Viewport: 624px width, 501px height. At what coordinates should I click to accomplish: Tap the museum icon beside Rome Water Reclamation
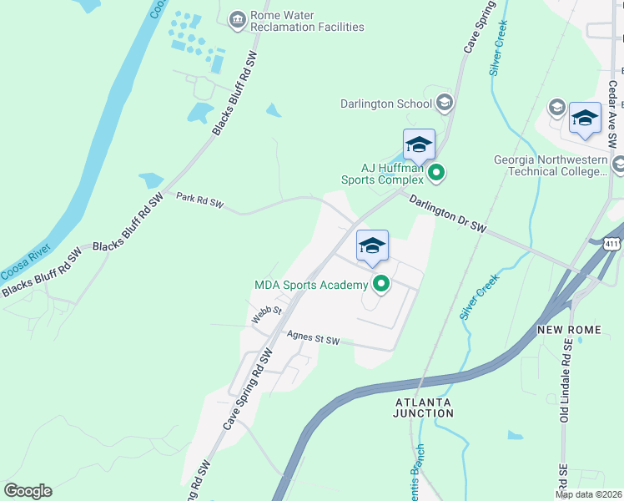click(238, 18)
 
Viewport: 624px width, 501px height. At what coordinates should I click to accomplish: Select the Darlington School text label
click(386, 104)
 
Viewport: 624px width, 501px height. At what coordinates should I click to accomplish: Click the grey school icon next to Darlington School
click(445, 104)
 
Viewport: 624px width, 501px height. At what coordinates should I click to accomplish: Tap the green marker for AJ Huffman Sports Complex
click(435, 173)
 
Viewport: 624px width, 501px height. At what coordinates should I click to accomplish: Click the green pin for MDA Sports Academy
click(381, 285)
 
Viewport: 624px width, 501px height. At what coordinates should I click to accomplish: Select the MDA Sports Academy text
click(311, 286)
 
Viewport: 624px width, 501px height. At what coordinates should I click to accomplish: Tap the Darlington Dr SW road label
click(446, 213)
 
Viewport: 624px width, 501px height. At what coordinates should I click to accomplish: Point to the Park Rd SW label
click(200, 200)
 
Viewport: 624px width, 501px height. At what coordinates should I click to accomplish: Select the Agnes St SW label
click(313, 339)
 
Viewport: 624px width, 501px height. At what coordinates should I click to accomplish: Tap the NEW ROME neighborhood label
click(570, 331)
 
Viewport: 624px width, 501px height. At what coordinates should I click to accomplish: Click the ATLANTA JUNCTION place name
click(423, 407)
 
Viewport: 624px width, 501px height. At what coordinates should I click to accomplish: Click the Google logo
click(28, 491)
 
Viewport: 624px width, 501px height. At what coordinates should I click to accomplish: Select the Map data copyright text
click(588, 494)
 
